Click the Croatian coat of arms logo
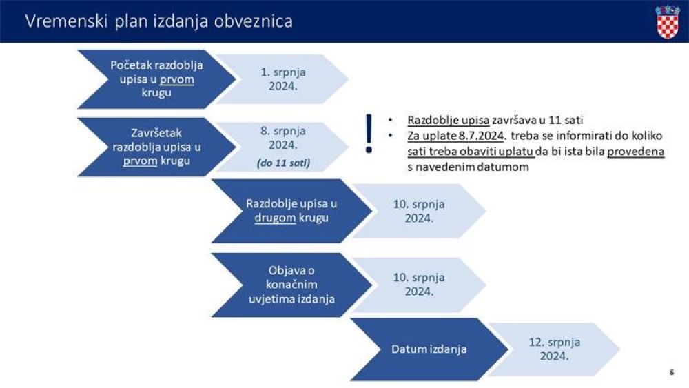(x=668, y=21)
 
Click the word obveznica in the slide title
(x=253, y=21)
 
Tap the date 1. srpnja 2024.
(x=283, y=79)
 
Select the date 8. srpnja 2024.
(x=283, y=138)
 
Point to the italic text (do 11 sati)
(x=283, y=163)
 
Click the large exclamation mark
(x=369, y=134)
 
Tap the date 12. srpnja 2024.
(x=554, y=349)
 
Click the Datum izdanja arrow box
(x=429, y=349)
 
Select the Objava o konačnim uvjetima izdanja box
(x=291, y=285)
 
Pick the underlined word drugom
(x=275, y=218)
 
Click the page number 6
(x=671, y=372)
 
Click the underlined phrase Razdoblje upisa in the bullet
(x=449, y=120)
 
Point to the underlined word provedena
(x=635, y=152)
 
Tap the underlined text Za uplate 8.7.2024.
(x=455, y=136)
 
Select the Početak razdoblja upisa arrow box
(x=156, y=79)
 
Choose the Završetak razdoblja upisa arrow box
(x=156, y=147)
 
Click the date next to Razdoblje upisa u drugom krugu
(x=419, y=212)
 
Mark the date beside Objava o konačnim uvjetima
(x=419, y=285)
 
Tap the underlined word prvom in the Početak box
(x=176, y=79)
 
